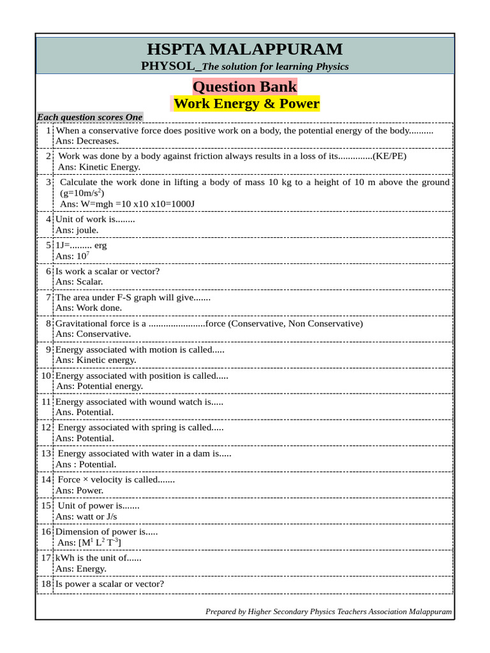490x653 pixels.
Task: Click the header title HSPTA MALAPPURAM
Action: click(245, 49)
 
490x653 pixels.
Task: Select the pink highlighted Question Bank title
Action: click(245, 87)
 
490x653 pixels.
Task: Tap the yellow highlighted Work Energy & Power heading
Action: click(246, 104)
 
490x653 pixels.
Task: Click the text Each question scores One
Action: click(89, 117)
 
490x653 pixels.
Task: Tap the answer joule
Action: click(87, 230)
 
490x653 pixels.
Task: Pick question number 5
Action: click(48, 245)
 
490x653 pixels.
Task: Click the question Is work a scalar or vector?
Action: click(108, 271)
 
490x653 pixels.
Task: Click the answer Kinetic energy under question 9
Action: click(106, 360)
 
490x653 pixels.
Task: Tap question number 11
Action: click(46, 402)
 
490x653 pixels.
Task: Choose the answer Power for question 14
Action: click(89, 490)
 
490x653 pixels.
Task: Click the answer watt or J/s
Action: click(96, 517)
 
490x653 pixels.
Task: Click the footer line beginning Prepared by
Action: click(329, 612)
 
